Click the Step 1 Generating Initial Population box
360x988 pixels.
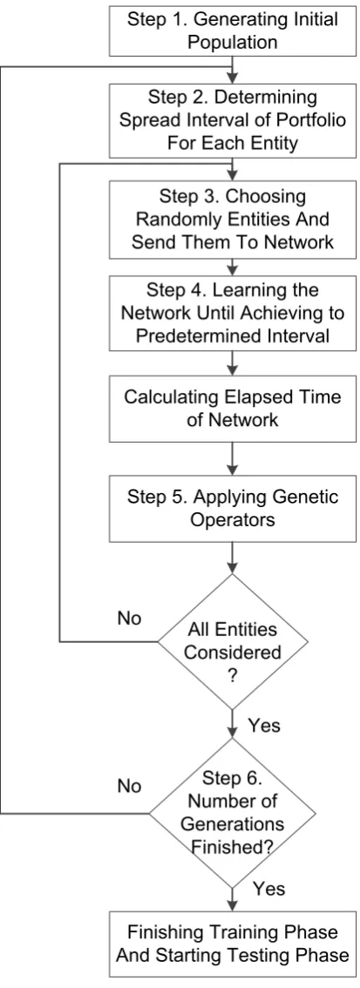233,30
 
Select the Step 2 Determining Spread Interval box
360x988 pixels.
233,119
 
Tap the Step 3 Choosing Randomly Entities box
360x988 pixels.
233,220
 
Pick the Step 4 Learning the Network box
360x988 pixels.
233,313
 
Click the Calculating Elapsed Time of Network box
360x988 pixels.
233,409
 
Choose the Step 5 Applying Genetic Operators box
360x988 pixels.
233,509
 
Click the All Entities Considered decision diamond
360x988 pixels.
233,641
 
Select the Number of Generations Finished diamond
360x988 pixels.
233,814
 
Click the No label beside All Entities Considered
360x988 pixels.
129,618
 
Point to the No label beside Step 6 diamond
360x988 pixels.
129,787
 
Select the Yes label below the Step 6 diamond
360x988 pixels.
269,889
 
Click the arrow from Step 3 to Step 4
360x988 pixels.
233,266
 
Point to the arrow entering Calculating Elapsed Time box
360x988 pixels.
233,363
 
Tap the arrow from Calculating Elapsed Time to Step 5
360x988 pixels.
233,458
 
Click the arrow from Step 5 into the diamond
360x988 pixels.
233,557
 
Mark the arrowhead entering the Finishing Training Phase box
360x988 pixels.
233,905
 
